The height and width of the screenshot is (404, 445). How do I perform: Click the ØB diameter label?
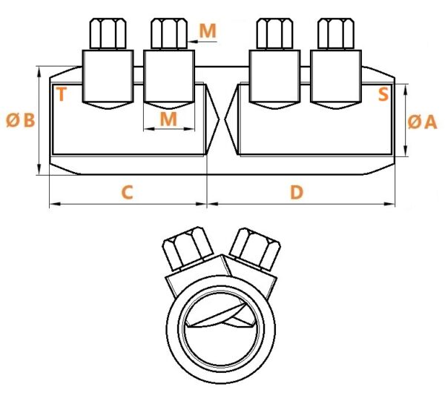pos(21,120)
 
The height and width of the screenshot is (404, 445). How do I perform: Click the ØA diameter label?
pos(422,122)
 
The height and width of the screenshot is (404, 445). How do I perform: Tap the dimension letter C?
pos(127,192)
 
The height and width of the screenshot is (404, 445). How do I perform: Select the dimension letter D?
pos(297,192)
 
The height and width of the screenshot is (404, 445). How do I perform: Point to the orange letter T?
pos(62,94)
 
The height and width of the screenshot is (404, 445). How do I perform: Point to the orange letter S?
pos(383,94)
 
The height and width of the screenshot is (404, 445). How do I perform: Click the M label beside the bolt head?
pos(208,30)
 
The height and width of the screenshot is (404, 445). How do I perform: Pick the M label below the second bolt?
pos(168,119)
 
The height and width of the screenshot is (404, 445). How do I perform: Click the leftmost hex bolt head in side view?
pos(108,33)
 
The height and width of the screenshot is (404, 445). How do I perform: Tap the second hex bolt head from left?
pos(169,33)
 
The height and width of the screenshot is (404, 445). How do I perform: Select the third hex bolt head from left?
pos(274,33)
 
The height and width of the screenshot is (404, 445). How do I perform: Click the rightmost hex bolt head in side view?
pos(336,33)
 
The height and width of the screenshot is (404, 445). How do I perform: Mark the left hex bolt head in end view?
pos(188,248)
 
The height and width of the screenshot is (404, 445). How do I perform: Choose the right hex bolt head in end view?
pos(255,248)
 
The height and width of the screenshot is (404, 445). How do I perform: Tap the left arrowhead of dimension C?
pos(54,204)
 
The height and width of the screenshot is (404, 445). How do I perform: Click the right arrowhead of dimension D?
pos(390,204)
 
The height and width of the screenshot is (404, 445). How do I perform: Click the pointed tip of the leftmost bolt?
pos(108,108)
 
